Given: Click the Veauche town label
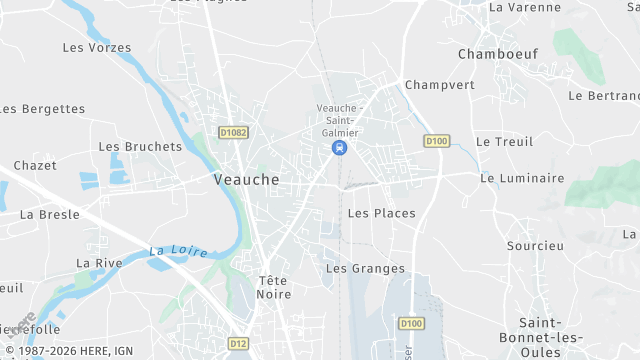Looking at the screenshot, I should pos(246,180).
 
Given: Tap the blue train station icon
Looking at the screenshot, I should pos(340,148).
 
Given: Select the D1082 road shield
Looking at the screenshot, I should pos(233,132).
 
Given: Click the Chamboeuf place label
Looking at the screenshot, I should pos(492,53).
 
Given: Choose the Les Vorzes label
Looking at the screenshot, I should pos(97,47).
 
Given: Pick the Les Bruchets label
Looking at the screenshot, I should pos(140,146).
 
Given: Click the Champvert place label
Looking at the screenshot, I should pos(439,85).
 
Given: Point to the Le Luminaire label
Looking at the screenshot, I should pos(517,178).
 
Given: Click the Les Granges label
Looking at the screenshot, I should pos(365,268).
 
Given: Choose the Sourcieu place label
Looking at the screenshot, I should pos(535,245).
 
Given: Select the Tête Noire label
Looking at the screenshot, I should pos(274,287).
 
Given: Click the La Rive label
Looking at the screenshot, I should pos(99,263).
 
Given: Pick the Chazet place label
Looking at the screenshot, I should pos(35,165).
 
